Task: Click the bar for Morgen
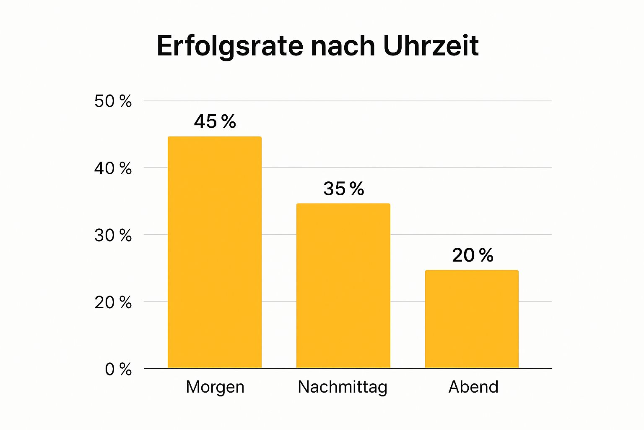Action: pyautogui.click(x=214, y=252)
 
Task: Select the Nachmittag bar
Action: pyautogui.click(x=343, y=286)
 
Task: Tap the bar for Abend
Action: pyautogui.click(x=472, y=319)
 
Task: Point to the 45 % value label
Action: pyautogui.click(x=215, y=122)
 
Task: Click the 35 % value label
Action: pyautogui.click(x=343, y=189)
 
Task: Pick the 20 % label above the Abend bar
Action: pyautogui.click(x=473, y=255)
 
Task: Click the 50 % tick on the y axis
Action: pyautogui.click(x=113, y=101)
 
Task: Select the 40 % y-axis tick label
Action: pyautogui.click(x=113, y=168)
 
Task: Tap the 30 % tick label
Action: pyautogui.click(x=113, y=236)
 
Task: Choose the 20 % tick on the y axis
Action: pyautogui.click(x=113, y=302)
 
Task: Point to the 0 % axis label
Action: pyautogui.click(x=118, y=370)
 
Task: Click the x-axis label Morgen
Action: pyautogui.click(x=215, y=387)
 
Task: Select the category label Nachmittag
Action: pyautogui.click(x=343, y=387)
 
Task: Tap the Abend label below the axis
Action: pyautogui.click(x=473, y=387)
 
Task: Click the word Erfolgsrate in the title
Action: pyautogui.click(x=229, y=46)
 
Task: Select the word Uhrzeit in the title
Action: pyautogui.click(x=431, y=46)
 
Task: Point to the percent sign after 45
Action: pyautogui.click(x=229, y=122)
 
